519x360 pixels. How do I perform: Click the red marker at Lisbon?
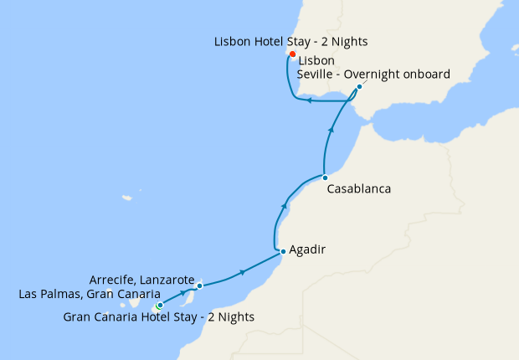292,54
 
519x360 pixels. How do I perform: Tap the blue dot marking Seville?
359,86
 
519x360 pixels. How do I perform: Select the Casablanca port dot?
325,177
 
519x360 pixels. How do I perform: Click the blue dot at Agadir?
283,251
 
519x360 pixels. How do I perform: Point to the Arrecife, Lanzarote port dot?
199,286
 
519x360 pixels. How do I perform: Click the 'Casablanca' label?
358,189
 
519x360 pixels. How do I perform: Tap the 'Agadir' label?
307,249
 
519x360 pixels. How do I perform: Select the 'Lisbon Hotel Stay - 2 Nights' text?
291,41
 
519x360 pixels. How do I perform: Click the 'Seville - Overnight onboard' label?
373,74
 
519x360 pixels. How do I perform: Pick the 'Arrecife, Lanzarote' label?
141,279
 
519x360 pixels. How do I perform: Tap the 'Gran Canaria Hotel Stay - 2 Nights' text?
159,317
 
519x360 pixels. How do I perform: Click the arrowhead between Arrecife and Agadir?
243,272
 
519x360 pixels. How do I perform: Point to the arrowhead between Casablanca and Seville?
333,129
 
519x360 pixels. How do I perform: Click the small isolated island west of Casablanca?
126,198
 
